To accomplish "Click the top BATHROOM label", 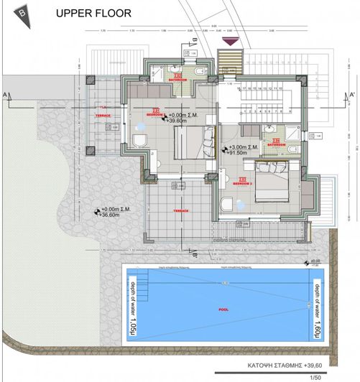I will pyautogui.click(x=177, y=80).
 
